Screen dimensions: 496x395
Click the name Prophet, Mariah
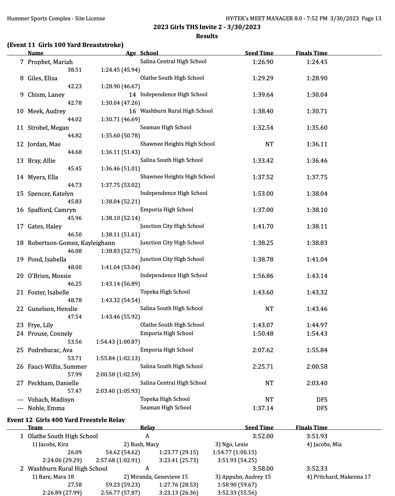click(x=50, y=62)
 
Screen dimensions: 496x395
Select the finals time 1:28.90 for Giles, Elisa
click(x=317, y=78)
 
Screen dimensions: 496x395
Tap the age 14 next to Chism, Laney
click(x=132, y=95)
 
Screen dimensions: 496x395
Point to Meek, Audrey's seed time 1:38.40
click(x=263, y=111)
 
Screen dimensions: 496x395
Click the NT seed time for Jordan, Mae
click(x=269, y=144)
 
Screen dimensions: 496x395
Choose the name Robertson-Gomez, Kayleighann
click(x=71, y=243)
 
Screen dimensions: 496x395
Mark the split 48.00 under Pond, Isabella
click(x=75, y=267)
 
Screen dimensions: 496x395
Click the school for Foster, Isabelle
click(x=165, y=292)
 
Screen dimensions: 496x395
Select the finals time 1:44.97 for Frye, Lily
click(x=317, y=325)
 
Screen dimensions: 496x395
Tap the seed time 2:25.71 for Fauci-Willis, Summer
click(x=263, y=367)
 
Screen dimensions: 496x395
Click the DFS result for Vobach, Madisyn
click(x=322, y=399)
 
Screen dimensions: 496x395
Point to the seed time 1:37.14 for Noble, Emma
click(x=263, y=408)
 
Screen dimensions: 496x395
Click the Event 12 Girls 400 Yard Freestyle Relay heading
click(x=66, y=420)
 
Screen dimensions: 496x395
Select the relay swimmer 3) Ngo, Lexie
click(x=232, y=444)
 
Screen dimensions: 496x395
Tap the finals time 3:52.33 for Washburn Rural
click(x=317, y=469)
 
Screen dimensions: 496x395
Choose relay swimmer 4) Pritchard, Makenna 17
click(x=338, y=477)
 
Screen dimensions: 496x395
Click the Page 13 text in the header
click(x=371, y=18)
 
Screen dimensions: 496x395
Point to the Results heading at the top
click(x=207, y=36)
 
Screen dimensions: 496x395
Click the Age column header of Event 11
click(x=131, y=53)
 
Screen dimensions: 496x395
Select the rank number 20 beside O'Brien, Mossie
click(x=20, y=276)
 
